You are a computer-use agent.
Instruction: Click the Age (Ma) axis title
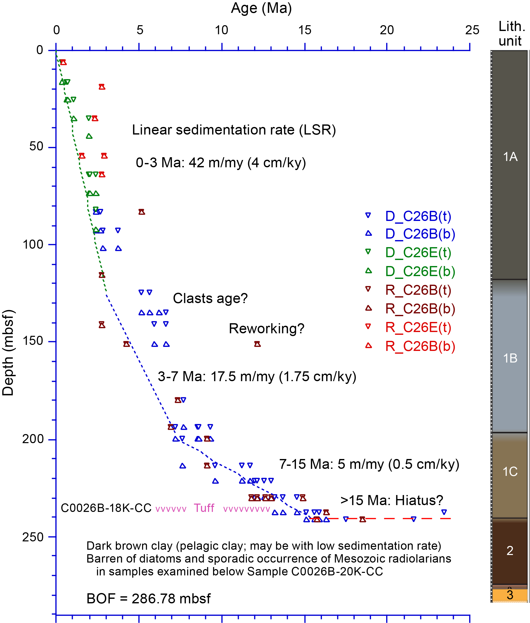(261, 8)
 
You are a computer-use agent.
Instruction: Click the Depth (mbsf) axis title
(8, 352)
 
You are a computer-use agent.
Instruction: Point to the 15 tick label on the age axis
(304, 30)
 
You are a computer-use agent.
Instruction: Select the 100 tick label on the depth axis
(33, 244)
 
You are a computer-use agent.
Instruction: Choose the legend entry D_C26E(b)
(420, 271)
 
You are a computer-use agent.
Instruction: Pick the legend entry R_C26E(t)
(418, 327)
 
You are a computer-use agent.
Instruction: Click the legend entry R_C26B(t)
(418, 290)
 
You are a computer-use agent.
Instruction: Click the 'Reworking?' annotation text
(267, 329)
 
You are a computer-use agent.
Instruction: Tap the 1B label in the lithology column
(510, 358)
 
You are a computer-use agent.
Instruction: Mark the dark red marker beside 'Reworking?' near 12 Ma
(257, 344)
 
